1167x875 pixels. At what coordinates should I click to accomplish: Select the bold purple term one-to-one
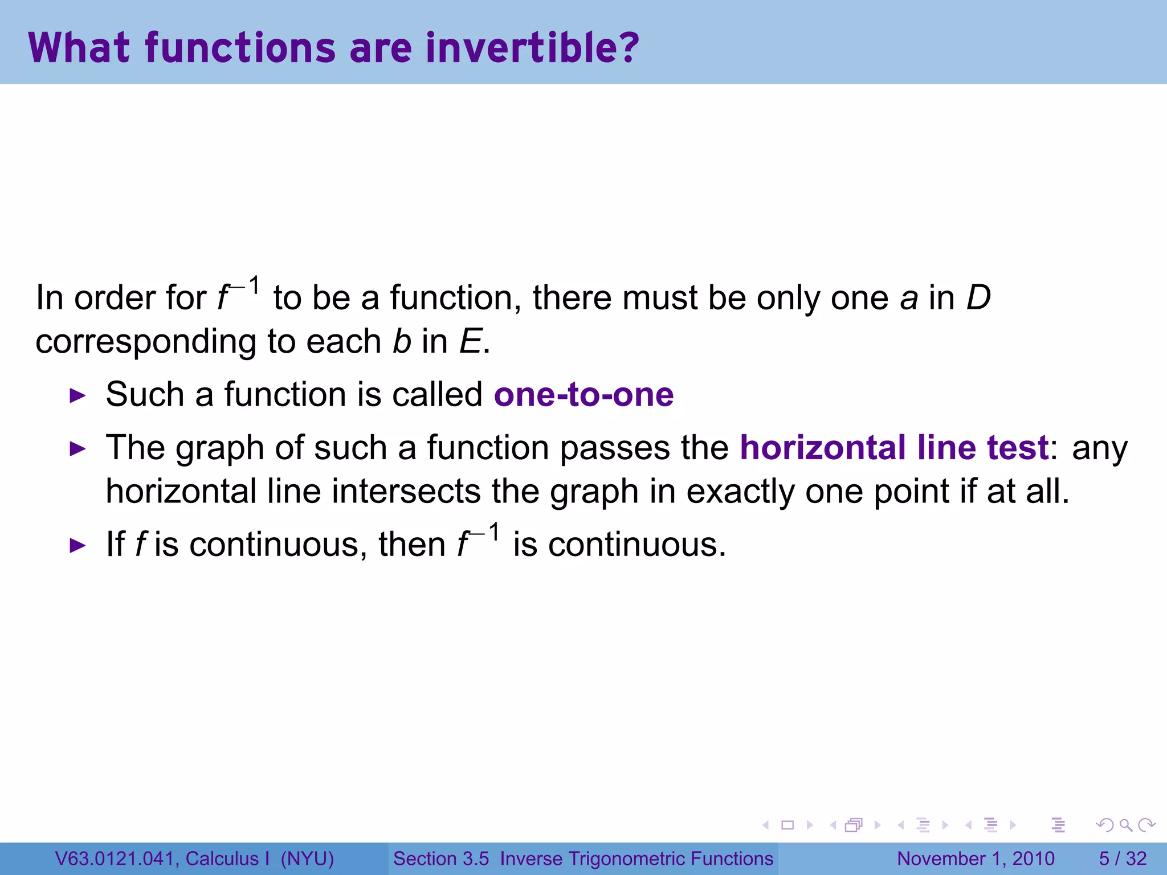(583, 394)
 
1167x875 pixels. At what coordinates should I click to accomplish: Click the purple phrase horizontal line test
(894, 448)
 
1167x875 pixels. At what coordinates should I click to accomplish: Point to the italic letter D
(979, 298)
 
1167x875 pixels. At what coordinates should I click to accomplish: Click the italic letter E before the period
(471, 342)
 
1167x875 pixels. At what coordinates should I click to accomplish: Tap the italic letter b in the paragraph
(402, 341)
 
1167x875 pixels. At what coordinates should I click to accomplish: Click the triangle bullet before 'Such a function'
(77, 395)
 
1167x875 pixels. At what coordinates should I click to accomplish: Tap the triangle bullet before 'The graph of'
(77, 449)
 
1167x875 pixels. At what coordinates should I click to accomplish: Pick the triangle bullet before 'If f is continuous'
(77, 545)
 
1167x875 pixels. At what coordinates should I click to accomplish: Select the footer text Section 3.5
(441, 858)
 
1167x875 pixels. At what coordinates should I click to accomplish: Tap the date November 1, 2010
(976, 858)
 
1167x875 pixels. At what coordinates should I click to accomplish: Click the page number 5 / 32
(1122, 858)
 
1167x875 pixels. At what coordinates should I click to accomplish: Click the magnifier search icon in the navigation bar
(1125, 825)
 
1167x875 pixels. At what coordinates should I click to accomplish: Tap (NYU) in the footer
(307, 858)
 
